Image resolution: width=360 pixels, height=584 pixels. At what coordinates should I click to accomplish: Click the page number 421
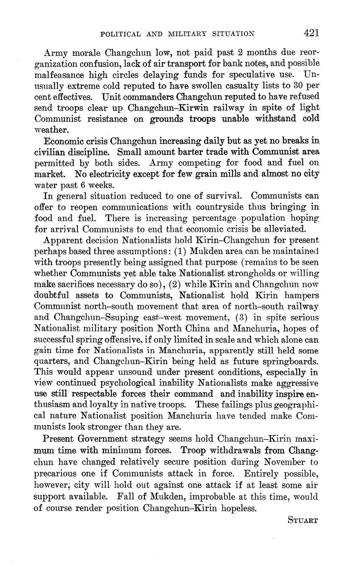pyautogui.click(x=311, y=33)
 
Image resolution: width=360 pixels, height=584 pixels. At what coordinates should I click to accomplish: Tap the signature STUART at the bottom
pyautogui.click(x=302, y=520)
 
